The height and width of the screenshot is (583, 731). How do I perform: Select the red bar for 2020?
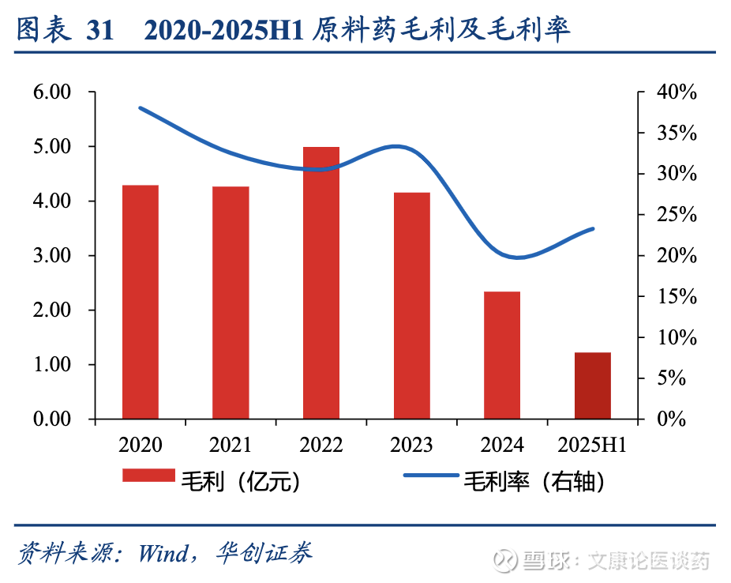tap(141, 302)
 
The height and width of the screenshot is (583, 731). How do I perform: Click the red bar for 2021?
tap(231, 303)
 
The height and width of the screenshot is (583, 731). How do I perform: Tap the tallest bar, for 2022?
tap(321, 283)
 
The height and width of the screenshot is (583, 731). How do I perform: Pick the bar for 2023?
tap(412, 306)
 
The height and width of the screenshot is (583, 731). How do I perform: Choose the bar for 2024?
tap(502, 355)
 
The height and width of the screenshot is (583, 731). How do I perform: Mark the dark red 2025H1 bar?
tap(592, 386)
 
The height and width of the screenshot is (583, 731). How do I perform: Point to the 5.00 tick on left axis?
tap(52, 147)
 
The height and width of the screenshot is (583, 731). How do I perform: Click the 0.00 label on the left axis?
tap(52, 419)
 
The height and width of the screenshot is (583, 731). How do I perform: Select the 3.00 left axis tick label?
tap(52, 256)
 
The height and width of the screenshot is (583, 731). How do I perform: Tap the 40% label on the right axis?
tap(677, 92)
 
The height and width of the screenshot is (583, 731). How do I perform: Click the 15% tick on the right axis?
tap(677, 297)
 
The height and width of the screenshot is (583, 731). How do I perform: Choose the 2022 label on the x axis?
tap(321, 446)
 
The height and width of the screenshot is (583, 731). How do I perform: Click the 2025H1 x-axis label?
tap(592, 446)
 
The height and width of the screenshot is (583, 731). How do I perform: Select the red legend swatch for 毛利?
tap(148, 476)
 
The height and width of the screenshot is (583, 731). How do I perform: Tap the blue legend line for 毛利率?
tap(431, 476)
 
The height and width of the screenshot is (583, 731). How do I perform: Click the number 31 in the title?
tap(100, 31)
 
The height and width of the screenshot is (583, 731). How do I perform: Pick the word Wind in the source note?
tap(162, 552)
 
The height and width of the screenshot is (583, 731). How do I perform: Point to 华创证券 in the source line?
tap(264, 552)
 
